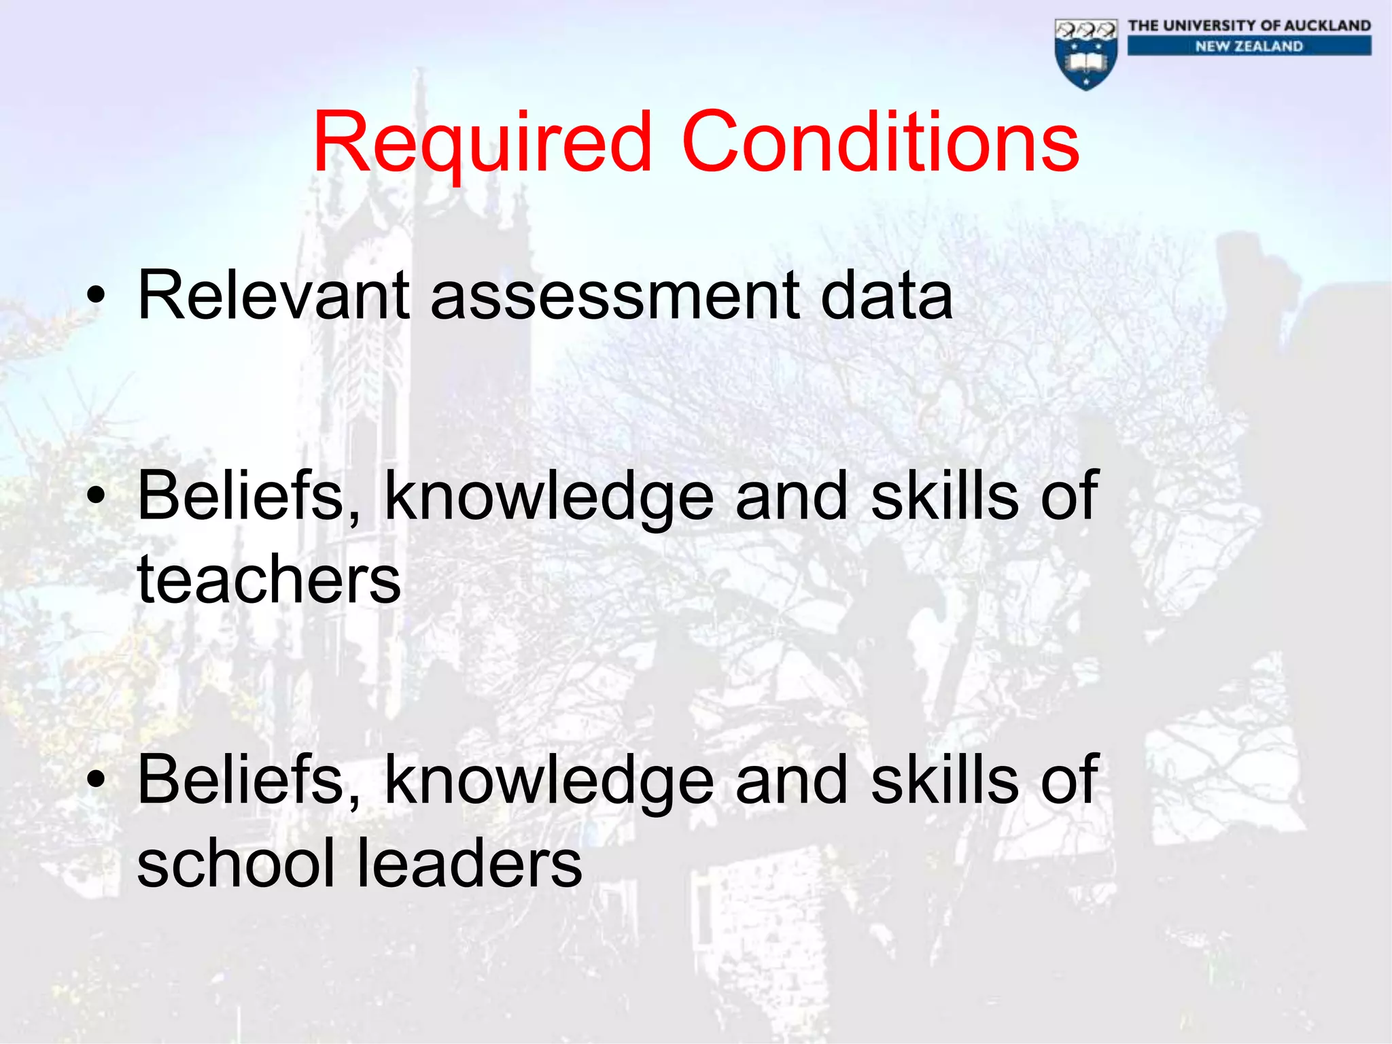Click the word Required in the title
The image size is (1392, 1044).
click(482, 144)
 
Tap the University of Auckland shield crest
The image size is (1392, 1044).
click(1086, 54)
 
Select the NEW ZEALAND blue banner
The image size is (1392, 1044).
click(1249, 46)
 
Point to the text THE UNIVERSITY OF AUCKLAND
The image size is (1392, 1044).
click(1249, 26)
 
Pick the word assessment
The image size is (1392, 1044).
click(615, 296)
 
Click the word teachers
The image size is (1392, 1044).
click(269, 579)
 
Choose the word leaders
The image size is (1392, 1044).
click(469, 863)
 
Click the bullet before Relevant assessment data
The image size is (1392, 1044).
click(97, 296)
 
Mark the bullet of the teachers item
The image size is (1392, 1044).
click(97, 496)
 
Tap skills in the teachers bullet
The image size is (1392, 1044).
click(944, 496)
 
